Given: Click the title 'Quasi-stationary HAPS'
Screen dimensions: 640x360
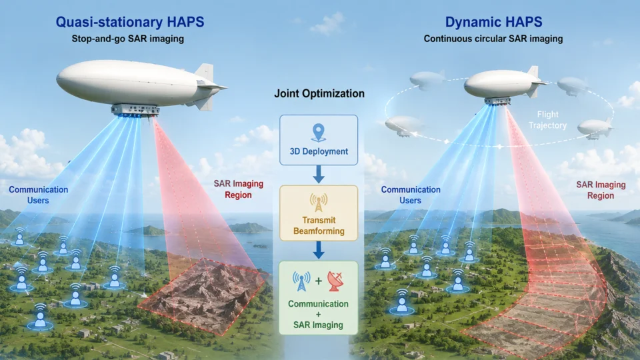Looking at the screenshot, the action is pos(130,22).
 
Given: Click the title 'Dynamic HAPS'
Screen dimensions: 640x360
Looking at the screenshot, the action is pos(493,22).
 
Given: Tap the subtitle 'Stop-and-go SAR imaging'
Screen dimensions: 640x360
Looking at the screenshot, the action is pos(128,39).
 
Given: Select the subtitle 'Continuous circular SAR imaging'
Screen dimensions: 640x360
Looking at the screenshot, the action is pos(493,39).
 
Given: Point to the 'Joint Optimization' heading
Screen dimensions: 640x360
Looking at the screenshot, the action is pos(319,93).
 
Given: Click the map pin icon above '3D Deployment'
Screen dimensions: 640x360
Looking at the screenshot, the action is pos(319,133).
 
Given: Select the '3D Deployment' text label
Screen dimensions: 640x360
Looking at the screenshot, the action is pos(319,151).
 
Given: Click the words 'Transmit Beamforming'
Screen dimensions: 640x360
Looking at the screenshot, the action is pos(319,226).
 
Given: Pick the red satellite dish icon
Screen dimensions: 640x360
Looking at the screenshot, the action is pos(335,281).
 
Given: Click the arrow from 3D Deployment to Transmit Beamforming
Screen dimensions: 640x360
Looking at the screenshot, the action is pos(319,174).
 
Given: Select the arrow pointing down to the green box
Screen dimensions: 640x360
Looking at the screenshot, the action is pos(319,250).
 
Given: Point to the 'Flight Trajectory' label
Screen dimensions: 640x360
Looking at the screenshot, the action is pos(548,120).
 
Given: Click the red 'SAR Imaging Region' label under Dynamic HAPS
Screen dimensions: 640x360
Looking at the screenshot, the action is pos(601,190).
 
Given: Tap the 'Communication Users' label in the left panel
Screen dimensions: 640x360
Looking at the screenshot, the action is pos(39,195).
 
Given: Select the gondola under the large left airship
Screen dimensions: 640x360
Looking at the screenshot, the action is pos(135,110).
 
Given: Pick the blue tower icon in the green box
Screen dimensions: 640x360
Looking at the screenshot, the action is pos(301,281).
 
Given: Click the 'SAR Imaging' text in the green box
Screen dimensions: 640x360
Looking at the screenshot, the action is pos(318,325).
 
